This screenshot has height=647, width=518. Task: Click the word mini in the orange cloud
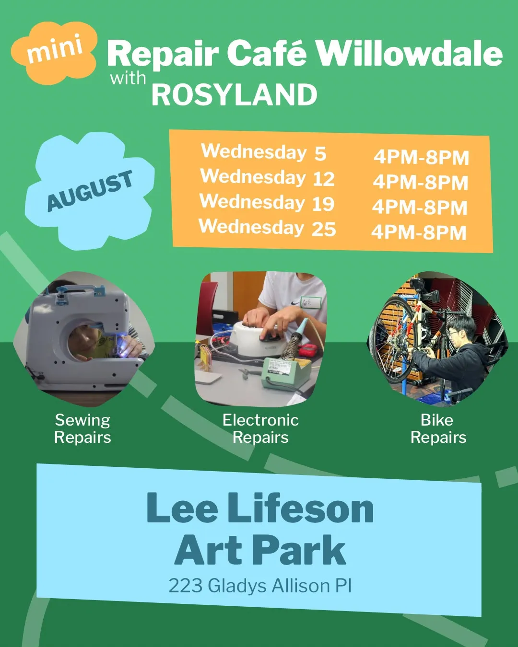(55, 49)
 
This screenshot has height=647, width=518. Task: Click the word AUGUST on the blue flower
(90, 190)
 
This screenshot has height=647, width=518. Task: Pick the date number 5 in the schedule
(320, 153)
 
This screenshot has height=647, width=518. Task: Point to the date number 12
(324, 179)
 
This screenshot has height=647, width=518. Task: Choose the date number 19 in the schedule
(323, 204)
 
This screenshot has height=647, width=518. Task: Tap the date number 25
(324, 229)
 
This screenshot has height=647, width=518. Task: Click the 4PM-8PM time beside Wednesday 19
(420, 208)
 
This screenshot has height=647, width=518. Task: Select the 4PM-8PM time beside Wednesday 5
(422, 157)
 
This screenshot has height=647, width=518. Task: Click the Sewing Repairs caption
(83, 428)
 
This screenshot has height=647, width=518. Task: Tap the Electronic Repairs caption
(260, 428)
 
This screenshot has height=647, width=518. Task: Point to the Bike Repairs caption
(438, 428)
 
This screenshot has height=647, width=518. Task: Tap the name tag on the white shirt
(310, 302)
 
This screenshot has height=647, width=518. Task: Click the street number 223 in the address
(186, 586)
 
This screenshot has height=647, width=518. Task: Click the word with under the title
(128, 78)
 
